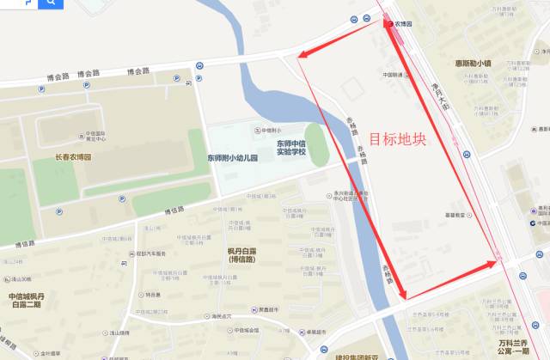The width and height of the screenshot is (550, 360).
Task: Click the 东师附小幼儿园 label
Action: tap(234, 158)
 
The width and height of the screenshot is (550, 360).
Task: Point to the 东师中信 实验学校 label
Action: tap(290, 148)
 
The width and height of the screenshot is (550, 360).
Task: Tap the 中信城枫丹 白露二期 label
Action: tap(27, 300)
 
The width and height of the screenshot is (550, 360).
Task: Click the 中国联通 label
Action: tap(394, 74)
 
